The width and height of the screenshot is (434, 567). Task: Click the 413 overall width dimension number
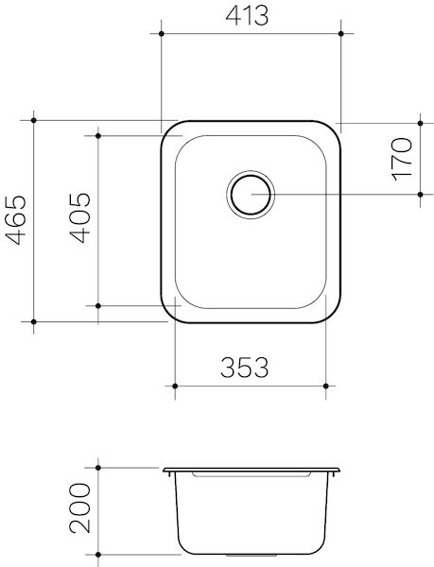249,15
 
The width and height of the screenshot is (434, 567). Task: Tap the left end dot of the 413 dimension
162,32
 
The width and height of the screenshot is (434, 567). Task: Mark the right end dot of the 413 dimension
339,32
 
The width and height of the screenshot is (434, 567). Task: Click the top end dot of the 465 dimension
34,120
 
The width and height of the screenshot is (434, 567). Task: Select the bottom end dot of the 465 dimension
34,322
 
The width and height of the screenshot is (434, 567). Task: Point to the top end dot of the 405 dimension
97,135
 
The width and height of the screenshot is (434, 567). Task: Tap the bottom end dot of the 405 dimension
97,306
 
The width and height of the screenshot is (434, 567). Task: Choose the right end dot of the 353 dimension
326,386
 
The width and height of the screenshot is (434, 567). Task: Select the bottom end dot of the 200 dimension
97,554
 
